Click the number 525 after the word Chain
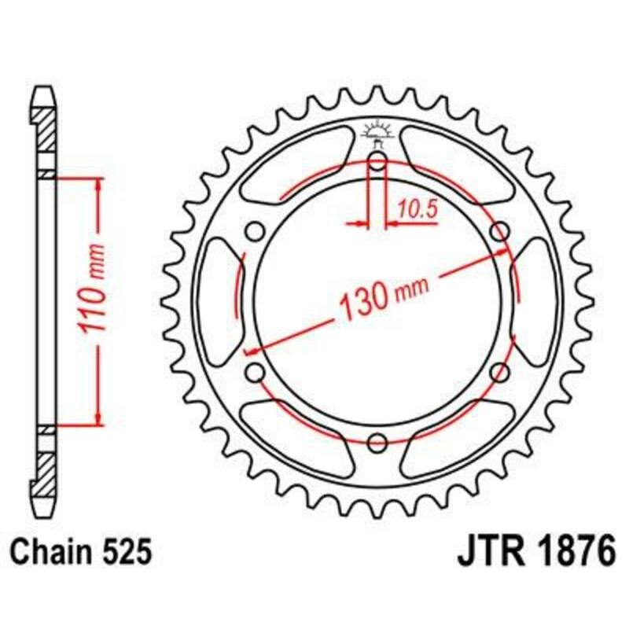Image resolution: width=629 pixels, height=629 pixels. pos(123,552)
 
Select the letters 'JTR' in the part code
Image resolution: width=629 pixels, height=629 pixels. pos(487,552)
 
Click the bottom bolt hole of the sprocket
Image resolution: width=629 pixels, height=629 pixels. pos(377,441)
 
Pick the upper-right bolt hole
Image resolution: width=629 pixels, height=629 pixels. pos(498,232)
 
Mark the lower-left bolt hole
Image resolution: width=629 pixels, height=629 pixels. pos(256,372)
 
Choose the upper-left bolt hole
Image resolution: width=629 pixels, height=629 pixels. pos(256,232)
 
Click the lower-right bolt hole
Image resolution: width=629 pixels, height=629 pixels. pos(498,372)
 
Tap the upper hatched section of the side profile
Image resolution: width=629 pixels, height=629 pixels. pos(46,130)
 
